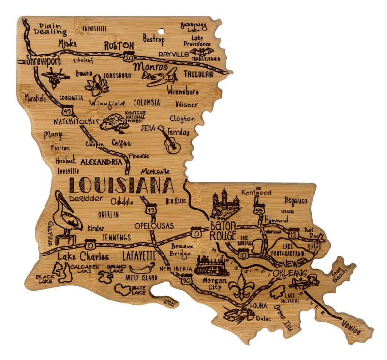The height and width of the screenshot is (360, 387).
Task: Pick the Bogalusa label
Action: (x=296, y=201)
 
